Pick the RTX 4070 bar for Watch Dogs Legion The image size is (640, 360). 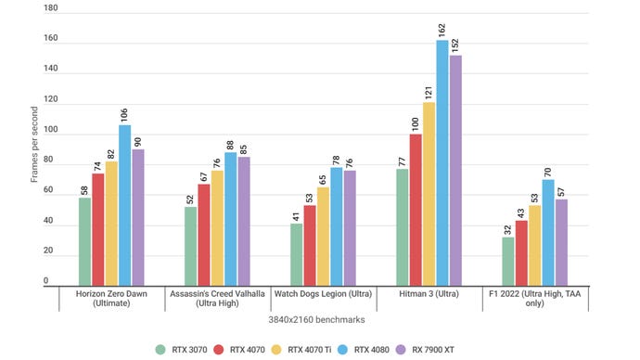click(x=310, y=244)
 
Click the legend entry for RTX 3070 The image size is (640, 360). click(x=184, y=349)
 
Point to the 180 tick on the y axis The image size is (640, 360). click(x=52, y=8)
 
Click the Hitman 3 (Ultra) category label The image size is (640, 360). click(x=429, y=294)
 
